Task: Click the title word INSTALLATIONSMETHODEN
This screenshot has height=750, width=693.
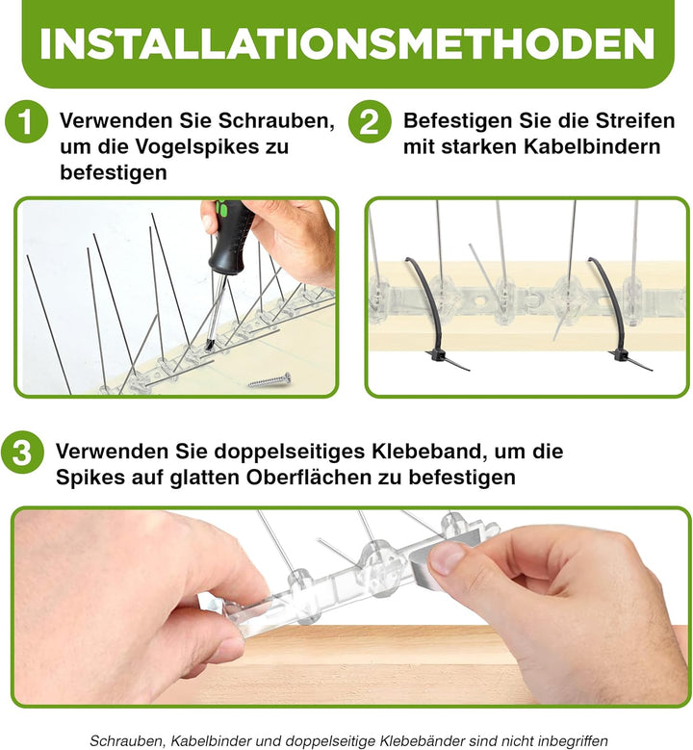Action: tap(346, 44)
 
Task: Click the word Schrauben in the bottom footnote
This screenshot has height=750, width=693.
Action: tap(129, 740)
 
